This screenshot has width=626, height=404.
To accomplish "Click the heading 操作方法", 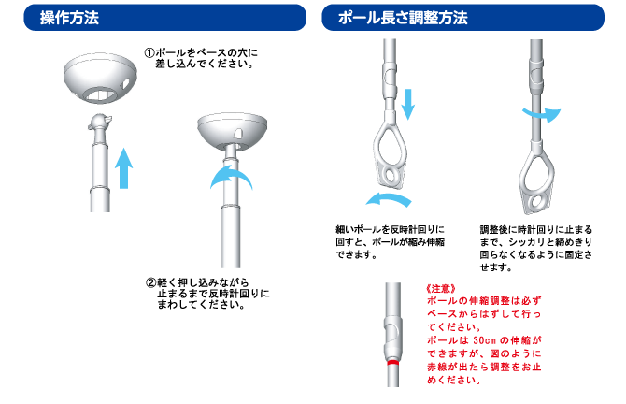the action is coord(69,18).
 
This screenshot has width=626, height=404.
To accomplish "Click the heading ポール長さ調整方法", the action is coord(403,18).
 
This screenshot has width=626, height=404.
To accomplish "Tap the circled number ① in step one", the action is coord(149,52).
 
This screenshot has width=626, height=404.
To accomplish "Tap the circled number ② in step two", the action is coord(151,283).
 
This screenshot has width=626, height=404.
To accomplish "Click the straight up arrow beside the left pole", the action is coord(123,168).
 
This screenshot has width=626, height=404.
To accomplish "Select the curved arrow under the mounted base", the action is coord(231,176).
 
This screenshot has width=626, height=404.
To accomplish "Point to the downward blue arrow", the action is coord(407,104).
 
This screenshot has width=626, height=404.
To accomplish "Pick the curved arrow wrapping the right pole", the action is coord(542,115).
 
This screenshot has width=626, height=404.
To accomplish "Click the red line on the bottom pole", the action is coord(392,362).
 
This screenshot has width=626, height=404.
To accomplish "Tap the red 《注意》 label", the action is coord(441,289).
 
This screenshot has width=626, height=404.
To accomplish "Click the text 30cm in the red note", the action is coord(484,340).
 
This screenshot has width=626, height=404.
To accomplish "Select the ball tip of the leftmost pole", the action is coord(99,121).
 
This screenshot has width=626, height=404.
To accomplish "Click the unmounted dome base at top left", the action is coord(100,78).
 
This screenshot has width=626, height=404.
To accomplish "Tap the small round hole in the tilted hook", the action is coord(391,176).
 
